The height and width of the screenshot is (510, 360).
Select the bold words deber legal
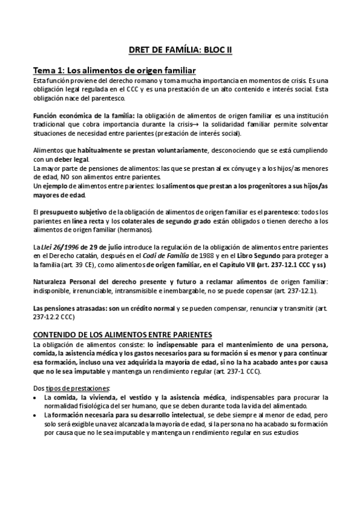point(72,159)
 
